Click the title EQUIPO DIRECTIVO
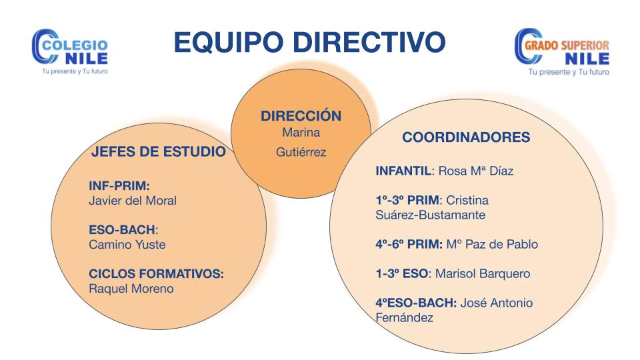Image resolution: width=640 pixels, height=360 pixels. [309, 42]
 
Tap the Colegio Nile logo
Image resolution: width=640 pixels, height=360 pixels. [70, 51]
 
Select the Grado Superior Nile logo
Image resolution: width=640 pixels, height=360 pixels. [561, 52]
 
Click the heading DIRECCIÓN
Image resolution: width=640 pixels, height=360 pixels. [301, 115]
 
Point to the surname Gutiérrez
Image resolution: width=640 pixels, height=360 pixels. [301, 152]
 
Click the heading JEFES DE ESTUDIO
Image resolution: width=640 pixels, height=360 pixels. [159, 151]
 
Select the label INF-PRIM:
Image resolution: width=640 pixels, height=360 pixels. [119, 186]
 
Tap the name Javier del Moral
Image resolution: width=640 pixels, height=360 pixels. [133, 201]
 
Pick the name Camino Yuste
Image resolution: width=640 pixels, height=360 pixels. [127, 245]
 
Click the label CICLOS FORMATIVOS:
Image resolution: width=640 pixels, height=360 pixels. [156, 273]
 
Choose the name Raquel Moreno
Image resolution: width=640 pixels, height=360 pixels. [131, 289]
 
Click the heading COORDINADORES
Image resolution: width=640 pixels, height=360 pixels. [466, 137]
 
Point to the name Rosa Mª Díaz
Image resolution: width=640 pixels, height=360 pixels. [476, 171]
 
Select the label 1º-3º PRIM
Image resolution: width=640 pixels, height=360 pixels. [407, 200]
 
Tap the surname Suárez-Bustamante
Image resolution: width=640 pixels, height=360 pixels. [430, 215]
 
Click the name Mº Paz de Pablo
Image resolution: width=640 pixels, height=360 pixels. [492, 244]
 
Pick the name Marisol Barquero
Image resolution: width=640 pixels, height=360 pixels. [483, 273]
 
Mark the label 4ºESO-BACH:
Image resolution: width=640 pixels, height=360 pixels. [416, 303]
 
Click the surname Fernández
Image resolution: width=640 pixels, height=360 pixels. [404, 317]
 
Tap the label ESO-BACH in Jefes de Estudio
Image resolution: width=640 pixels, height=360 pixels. [122, 230]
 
